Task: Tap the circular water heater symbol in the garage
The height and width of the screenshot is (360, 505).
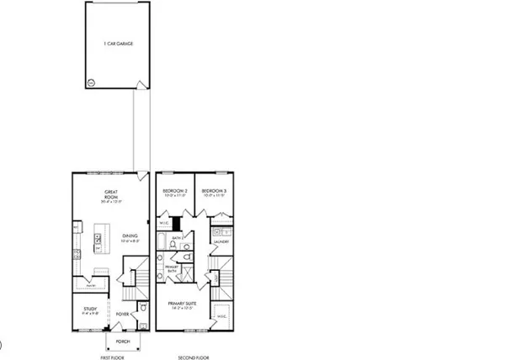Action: coord(91,82)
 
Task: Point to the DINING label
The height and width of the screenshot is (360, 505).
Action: coord(129,237)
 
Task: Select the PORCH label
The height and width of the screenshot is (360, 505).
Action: coord(123,342)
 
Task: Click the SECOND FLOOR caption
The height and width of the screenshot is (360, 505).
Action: coord(193,357)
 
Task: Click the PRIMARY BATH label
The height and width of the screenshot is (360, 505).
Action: coord(171,268)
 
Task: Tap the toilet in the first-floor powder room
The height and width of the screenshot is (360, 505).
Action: coord(145,310)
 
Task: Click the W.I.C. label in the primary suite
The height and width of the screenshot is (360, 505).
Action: coord(222,316)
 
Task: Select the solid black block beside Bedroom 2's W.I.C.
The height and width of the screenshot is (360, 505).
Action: coord(176,224)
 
